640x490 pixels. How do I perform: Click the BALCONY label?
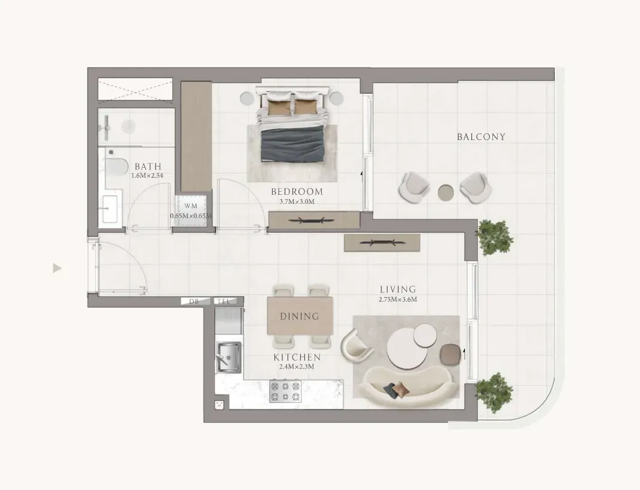point(481,137)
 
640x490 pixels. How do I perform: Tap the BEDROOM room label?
point(297,192)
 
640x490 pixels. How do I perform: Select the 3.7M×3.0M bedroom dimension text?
point(297,201)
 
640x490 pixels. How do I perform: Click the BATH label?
point(148,167)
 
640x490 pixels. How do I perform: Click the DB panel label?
point(193,302)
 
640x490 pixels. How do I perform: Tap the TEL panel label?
point(224,302)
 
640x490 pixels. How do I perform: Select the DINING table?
point(300,316)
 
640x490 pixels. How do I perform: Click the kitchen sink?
point(229,357)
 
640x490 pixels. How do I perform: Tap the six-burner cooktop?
point(285,391)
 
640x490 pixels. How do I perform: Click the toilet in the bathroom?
point(115,168)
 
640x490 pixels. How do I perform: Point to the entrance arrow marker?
point(57,269)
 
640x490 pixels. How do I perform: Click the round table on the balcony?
point(445,192)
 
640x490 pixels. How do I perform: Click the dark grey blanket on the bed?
point(293,144)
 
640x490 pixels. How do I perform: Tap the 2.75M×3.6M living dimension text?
point(397,299)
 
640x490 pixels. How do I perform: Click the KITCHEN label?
point(297,357)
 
